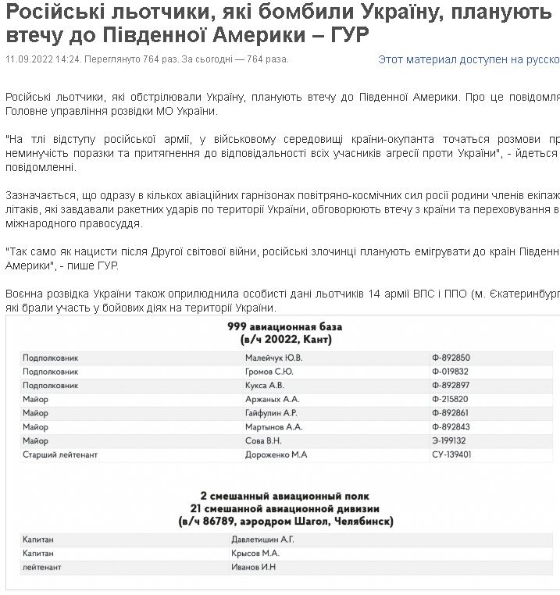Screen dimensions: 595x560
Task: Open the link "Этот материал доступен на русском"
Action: pos(468,59)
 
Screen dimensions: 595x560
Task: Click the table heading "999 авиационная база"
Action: pos(284,326)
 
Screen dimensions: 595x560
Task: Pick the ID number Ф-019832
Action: pos(451,371)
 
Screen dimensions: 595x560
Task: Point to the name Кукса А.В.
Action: pos(266,385)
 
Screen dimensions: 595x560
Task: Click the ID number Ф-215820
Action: pos(451,399)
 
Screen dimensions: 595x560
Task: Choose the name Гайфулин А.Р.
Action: pos(271,412)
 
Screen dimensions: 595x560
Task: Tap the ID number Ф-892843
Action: pos(451,426)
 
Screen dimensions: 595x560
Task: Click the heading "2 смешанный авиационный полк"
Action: pos(284,496)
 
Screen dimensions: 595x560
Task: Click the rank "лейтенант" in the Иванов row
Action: pos(42,567)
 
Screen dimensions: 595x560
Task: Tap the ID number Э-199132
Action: pos(451,440)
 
